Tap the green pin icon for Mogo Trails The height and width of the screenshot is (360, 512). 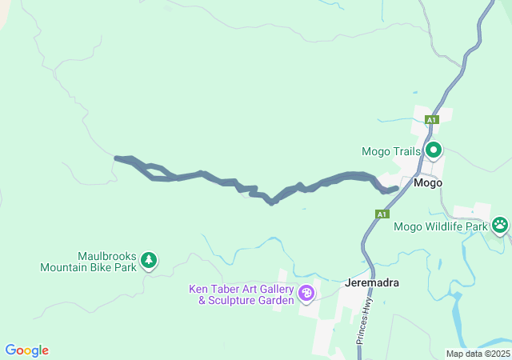pyautogui.click(x=434, y=150)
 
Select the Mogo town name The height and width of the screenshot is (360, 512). pyautogui.click(x=428, y=182)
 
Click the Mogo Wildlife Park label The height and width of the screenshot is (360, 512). pyautogui.click(x=440, y=226)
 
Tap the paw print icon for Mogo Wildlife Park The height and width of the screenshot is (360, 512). pyautogui.click(x=500, y=225)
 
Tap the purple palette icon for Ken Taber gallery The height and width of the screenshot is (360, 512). pyautogui.click(x=306, y=294)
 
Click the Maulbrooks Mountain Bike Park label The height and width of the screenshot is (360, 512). pyautogui.click(x=88, y=262)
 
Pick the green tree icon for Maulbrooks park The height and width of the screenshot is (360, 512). pyautogui.click(x=148, y=260)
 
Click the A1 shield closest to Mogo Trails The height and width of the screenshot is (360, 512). pyautogui.click(x=431, y=120)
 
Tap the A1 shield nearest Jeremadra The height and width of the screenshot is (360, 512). pyautogui.click(x=382, y=214)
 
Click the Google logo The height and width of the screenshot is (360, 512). pyautogui.click(x=26, y=350)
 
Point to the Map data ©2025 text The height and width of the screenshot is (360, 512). pyautogui.click(x=478, y=354)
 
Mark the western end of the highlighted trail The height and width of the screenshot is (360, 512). pyautogui.click(x=117, y=158)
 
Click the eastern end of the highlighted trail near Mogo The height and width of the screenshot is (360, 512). pyautogui.click(x=396, y=189)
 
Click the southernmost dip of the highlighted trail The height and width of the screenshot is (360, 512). pyautogui.click(x=272, y=202)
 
